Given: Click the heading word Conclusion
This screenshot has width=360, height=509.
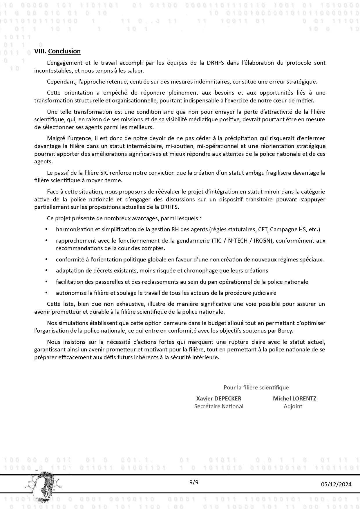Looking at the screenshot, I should tap(64, 51).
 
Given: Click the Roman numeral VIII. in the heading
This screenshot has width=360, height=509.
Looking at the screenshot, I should tap(40, 51).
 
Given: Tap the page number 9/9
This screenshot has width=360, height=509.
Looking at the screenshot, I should tap(194, 483).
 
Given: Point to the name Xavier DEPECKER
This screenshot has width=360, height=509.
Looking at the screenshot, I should tap(219, 398).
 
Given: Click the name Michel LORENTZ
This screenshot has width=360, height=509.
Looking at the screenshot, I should tap(294, 398).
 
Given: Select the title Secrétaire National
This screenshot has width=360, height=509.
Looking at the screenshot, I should tap(219, 406).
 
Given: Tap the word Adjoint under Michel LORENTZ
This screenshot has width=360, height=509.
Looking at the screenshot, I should tap(293, 406).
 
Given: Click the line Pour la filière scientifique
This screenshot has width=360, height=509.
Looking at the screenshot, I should tap(256, 387).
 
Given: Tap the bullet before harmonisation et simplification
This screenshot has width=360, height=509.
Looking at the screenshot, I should tap(46, 229).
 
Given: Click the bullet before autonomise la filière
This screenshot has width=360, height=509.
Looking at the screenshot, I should tap(46, 293).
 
